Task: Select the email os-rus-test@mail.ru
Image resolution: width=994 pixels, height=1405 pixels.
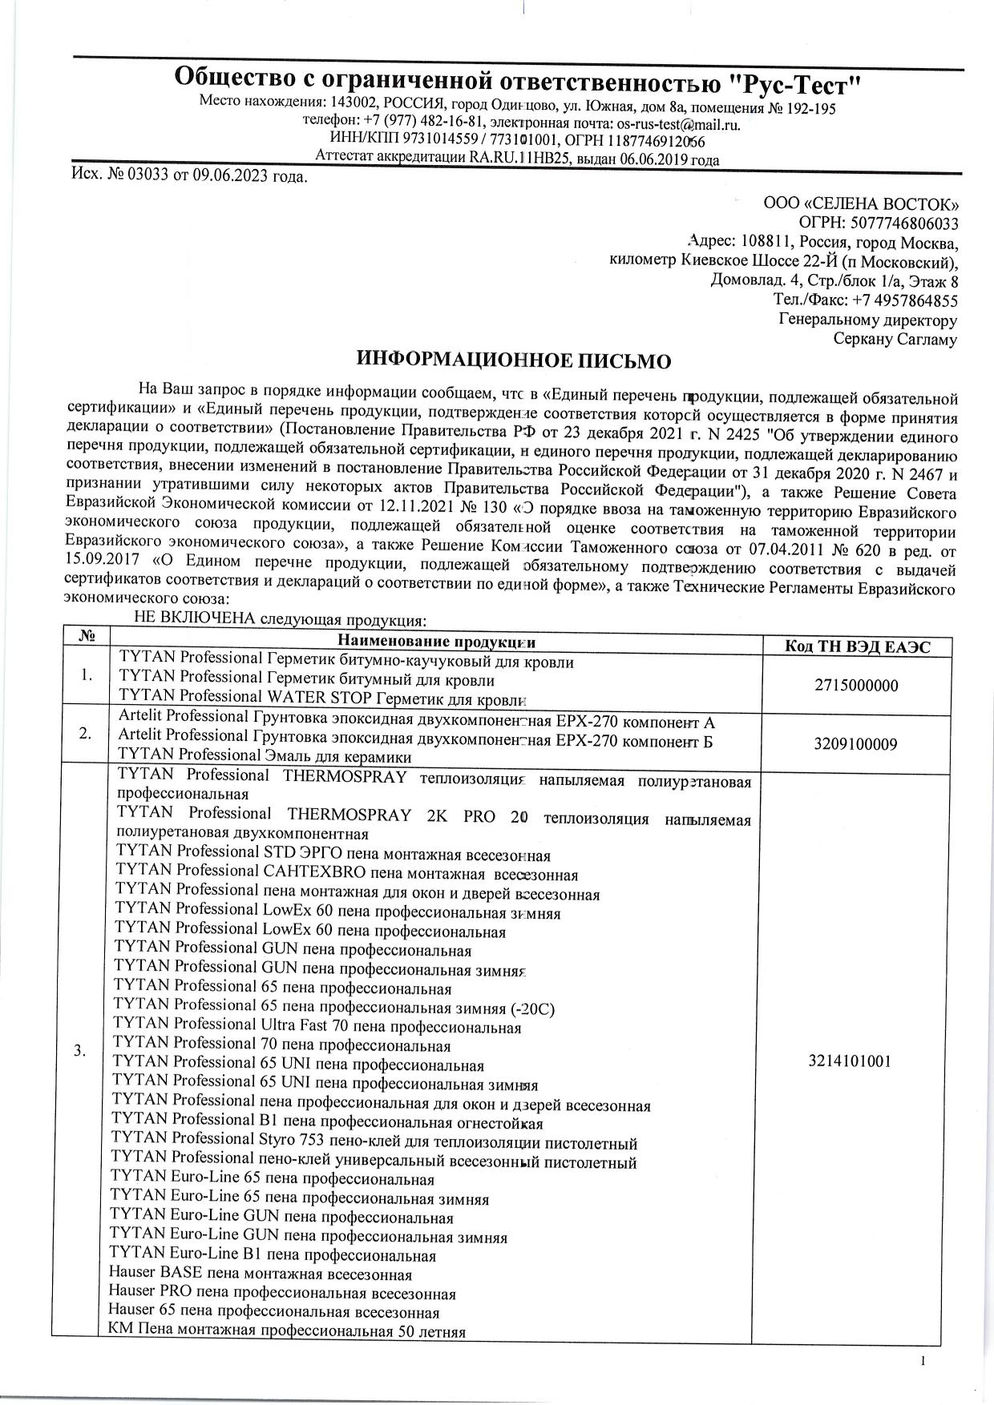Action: (677, 124)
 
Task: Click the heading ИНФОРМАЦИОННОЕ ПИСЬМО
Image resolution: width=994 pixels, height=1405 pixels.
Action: (513, 360)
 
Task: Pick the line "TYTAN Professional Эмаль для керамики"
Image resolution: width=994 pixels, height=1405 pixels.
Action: (265, 755)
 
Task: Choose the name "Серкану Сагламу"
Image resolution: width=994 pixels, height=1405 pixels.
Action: (895, 340)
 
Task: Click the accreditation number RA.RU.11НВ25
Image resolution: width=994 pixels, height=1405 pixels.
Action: (518, 159)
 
